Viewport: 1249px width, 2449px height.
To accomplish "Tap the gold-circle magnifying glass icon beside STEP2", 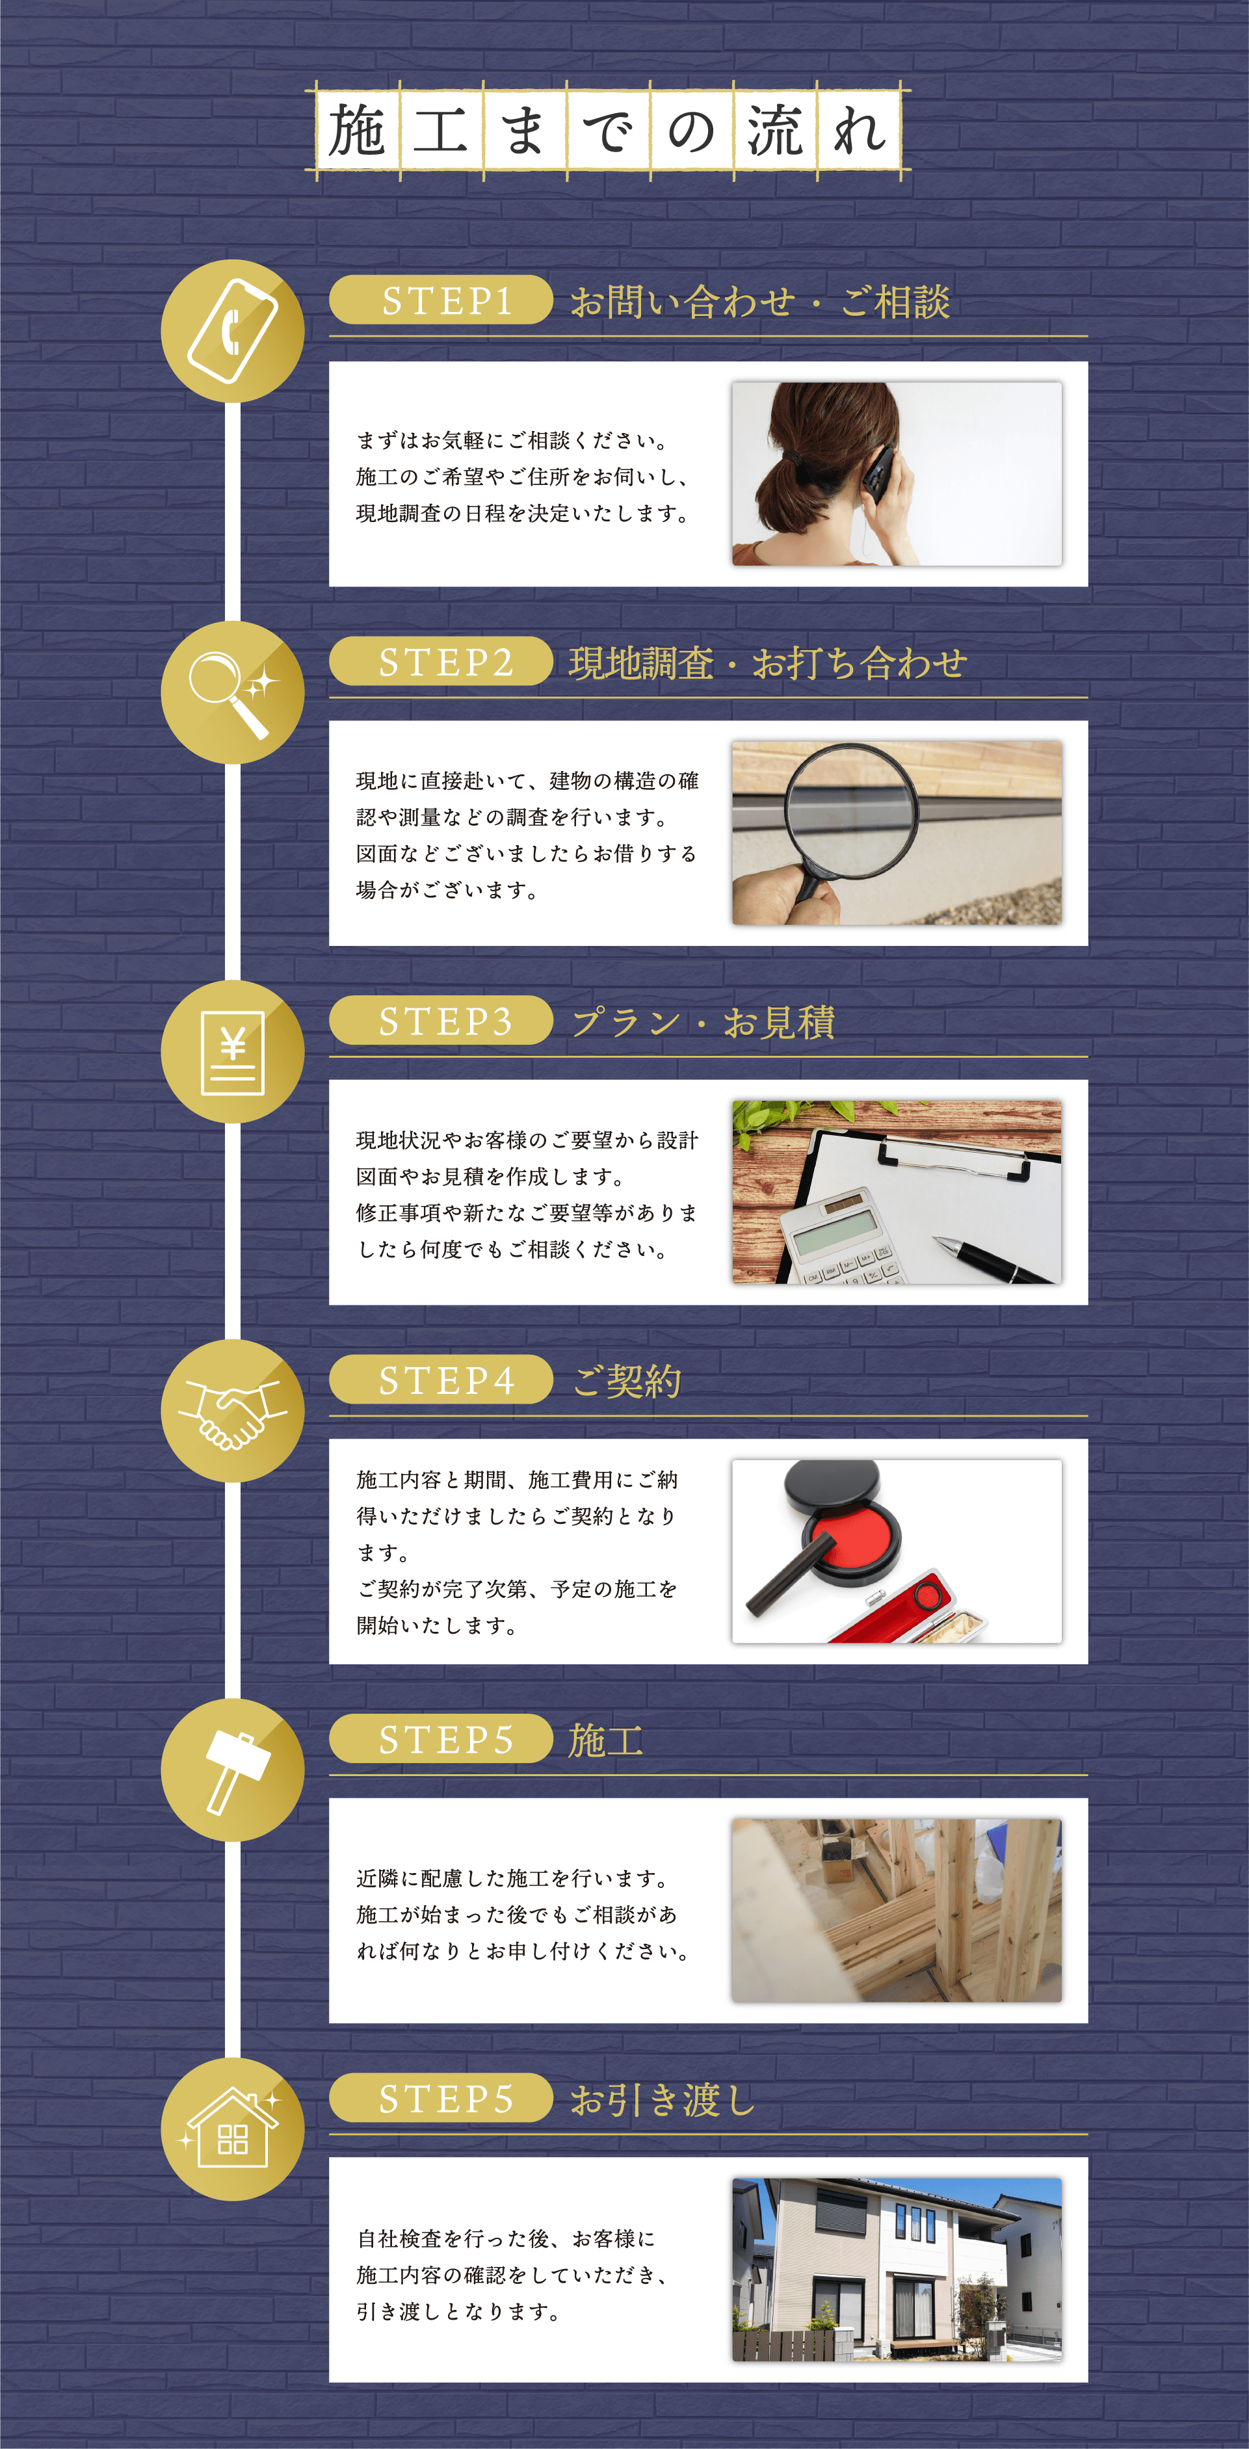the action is [x=233, y=692].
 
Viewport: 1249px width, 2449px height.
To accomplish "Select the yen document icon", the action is [x=233, y=1053].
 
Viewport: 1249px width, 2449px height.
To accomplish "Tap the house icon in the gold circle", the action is [x=232, y=2130].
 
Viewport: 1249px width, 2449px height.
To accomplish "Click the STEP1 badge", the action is [x=441, y=300].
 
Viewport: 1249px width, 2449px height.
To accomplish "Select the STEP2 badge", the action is [x=441, y=662].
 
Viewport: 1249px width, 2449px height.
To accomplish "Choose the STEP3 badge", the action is [x=441, y=1021].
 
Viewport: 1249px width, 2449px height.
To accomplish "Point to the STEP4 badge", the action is [x=441, y=1380].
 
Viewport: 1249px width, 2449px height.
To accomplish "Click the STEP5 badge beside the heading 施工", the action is [x=441, y=1740].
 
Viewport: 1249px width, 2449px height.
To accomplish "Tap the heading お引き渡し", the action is [x=663, y=2099].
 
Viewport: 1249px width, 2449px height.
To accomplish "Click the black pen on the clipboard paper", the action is [x=994, y=1261].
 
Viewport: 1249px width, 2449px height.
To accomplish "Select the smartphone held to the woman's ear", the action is [x=880, y=473].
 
